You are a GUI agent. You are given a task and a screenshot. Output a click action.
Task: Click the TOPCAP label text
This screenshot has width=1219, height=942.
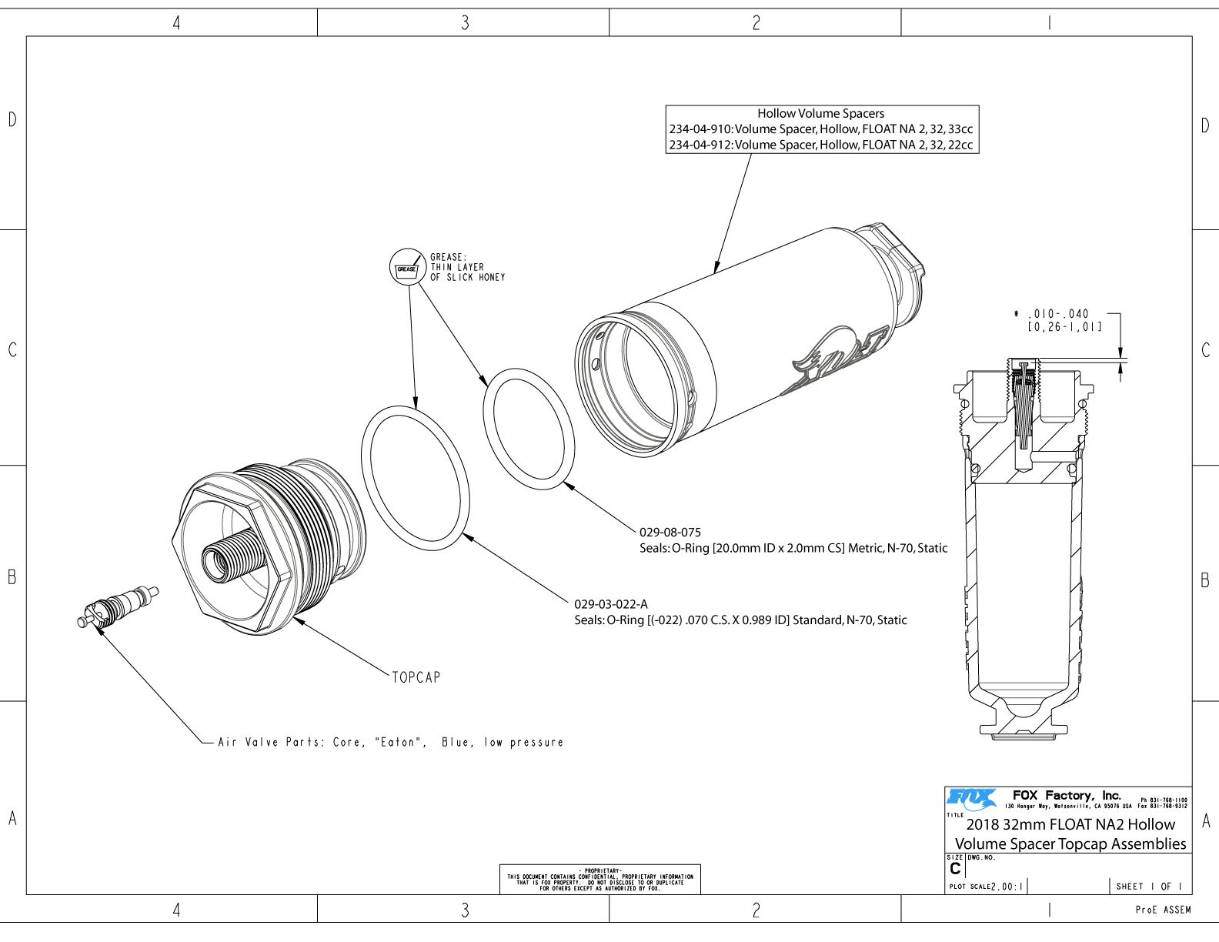(416, 677)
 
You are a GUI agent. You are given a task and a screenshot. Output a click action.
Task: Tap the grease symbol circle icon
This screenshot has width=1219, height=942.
(407, 266)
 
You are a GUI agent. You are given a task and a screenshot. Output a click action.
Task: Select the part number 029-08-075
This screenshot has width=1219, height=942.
(670, 532)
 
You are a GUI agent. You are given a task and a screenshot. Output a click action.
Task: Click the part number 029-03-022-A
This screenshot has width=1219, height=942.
(610, 604)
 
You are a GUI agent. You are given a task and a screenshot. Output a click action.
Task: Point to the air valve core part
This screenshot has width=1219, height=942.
(119, 604)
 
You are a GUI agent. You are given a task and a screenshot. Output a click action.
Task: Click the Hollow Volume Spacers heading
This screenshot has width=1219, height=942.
(820, 113)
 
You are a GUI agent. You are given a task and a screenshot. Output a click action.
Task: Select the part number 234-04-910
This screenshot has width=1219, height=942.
(700, 129)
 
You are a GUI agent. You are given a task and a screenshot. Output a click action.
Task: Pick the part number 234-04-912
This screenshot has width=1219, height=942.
(700, 145)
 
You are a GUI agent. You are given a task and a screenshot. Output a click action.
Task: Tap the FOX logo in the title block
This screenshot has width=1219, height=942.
(971, 798)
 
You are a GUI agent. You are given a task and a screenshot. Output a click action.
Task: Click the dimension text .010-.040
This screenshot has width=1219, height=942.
(1058, 314)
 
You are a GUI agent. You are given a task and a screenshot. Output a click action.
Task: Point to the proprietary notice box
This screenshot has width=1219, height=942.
(599, 879)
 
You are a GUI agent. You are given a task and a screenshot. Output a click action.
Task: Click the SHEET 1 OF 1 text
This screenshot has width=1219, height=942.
(1149, 887)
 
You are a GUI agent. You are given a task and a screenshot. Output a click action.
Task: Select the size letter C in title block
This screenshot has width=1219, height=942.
(955, 869)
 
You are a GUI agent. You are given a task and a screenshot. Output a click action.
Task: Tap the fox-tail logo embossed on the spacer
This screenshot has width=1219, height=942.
(835, 358)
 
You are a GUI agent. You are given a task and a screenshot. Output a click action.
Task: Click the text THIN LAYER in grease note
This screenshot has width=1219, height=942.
(457, 267)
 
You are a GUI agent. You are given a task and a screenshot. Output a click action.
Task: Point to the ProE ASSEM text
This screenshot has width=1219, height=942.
(1163, 910)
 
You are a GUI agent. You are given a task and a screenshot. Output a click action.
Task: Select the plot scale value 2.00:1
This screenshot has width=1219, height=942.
(1008, 887)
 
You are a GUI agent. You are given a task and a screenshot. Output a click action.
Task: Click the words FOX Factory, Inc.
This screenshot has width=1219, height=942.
(1067, 795)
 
